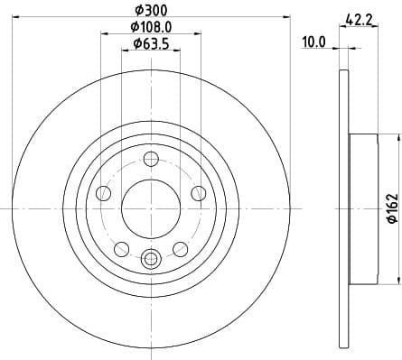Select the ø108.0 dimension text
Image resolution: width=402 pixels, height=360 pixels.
point(150,27)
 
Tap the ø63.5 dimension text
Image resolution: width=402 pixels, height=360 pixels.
point(150,43)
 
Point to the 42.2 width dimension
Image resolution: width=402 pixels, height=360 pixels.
point(360,16)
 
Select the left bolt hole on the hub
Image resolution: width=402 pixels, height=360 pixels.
point(104,194)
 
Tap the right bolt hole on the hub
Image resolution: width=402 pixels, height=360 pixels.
point(197,192)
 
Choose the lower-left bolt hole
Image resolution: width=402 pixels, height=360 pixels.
point(121,248)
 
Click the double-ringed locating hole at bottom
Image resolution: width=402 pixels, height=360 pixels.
point(150,258)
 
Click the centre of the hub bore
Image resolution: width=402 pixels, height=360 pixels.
point(150,208)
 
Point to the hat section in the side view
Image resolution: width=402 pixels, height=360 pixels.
point(361,208)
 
